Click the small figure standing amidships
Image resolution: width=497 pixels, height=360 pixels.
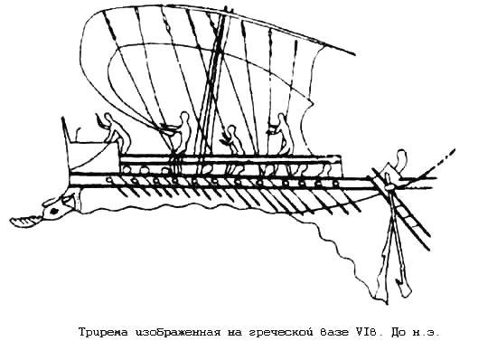tap(232, 140)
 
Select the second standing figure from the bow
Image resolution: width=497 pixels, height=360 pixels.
tap(183, 132)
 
